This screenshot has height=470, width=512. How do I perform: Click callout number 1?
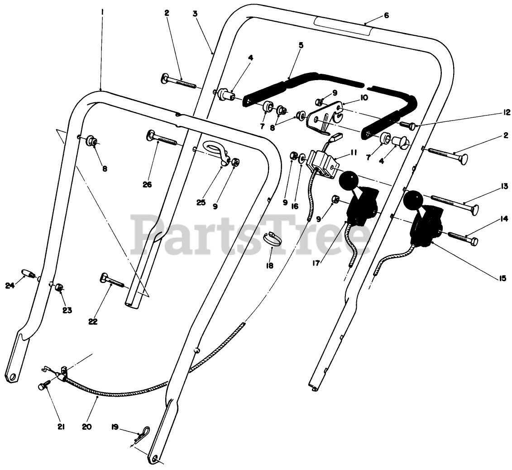(102, 13)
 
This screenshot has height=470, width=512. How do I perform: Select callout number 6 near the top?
(386, 15)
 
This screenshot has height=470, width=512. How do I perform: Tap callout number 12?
(507, 112)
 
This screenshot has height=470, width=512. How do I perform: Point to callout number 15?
(502, 279)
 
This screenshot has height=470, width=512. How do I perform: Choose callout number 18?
(270, 266)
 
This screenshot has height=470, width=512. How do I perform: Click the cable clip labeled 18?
(271, 237)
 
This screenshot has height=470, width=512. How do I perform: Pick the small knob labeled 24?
(29, 274)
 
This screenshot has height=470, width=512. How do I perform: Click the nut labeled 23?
(59, 288)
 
